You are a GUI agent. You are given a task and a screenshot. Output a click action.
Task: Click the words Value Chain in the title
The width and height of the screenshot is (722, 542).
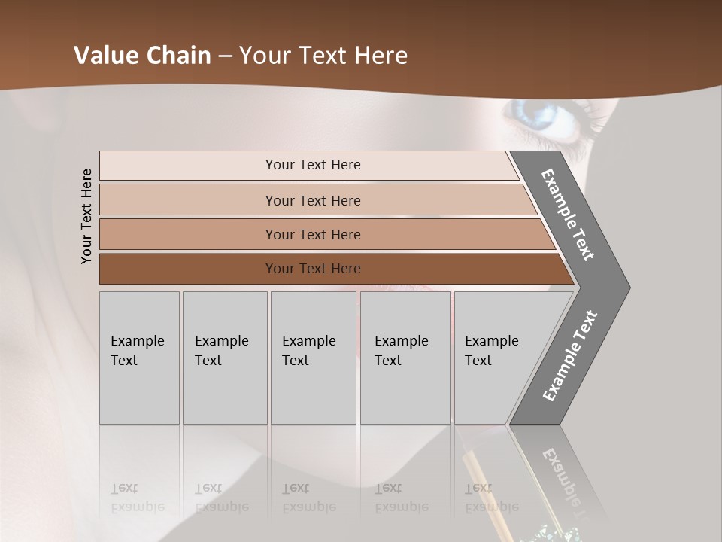pyautogui.click(x=142, y=56)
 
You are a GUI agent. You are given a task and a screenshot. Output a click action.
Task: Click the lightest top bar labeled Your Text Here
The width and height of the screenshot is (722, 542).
pyautogui.click(x=312, y=165)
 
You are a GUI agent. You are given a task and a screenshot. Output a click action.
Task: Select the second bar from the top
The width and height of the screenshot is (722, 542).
pyautogui.click(x=312, y=200)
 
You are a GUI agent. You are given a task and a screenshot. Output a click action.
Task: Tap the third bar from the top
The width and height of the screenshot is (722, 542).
pyautogui.click(x=312, y=234)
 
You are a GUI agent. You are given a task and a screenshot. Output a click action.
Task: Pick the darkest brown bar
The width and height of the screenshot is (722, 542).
pyautogui.click(x=312, y=269)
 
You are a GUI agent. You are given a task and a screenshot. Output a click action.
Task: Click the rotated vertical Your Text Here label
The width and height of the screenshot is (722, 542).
pyautogui.click(x=86, y=216)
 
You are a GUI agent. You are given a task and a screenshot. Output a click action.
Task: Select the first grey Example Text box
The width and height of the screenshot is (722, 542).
pyautogui.click(x=139, y=357)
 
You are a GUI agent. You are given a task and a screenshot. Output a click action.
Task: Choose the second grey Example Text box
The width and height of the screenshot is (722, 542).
pyautogui.click(x=224, y=357)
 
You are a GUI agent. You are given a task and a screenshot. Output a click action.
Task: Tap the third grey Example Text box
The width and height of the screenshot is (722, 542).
pyautogui.click(x=313, y=357)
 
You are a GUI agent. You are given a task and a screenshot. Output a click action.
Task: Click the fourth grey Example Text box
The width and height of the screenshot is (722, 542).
pyautogui.click(x=405, y=357)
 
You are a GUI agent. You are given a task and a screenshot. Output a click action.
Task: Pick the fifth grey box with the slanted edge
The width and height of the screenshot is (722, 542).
pyautogui.click(x=496, y=357)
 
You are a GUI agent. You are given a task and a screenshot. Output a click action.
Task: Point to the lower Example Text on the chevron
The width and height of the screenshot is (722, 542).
pyautogui.click(x=570, y=356)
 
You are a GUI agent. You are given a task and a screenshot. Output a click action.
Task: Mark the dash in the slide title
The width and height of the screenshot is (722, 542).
pyautogui.click(x=225, y=56)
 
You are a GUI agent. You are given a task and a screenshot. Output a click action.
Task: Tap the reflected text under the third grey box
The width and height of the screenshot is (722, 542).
pyautogui.click(x=308, y=498)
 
